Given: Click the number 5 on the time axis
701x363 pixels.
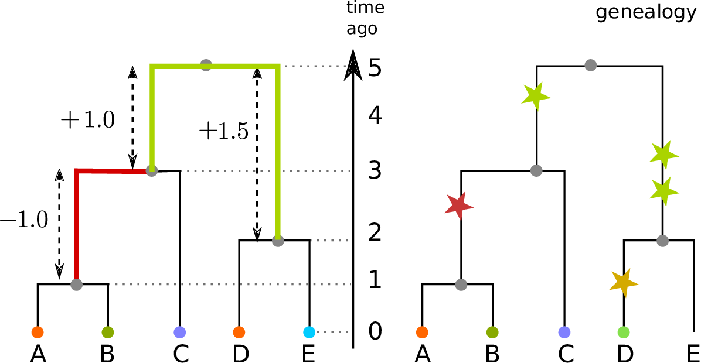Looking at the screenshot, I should point(375,69).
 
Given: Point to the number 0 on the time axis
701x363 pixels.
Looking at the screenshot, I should point(375,332).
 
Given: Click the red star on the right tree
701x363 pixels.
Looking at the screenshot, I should point(459,206).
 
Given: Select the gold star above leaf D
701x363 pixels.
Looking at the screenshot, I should point(623,282).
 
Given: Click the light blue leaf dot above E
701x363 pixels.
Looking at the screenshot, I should point(309,332).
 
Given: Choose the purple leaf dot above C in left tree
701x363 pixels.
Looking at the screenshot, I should point(179,332).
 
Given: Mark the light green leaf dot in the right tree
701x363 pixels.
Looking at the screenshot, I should point(624,332).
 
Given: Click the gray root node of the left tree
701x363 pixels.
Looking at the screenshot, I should point(206,65).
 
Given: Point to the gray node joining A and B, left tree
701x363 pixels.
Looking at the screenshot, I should point(76,285).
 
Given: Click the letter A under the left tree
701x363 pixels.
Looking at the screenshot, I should point(38,353).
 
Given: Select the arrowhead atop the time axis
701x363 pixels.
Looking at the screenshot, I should point(352,61).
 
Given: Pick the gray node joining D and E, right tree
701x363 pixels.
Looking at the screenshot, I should point(662,240).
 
